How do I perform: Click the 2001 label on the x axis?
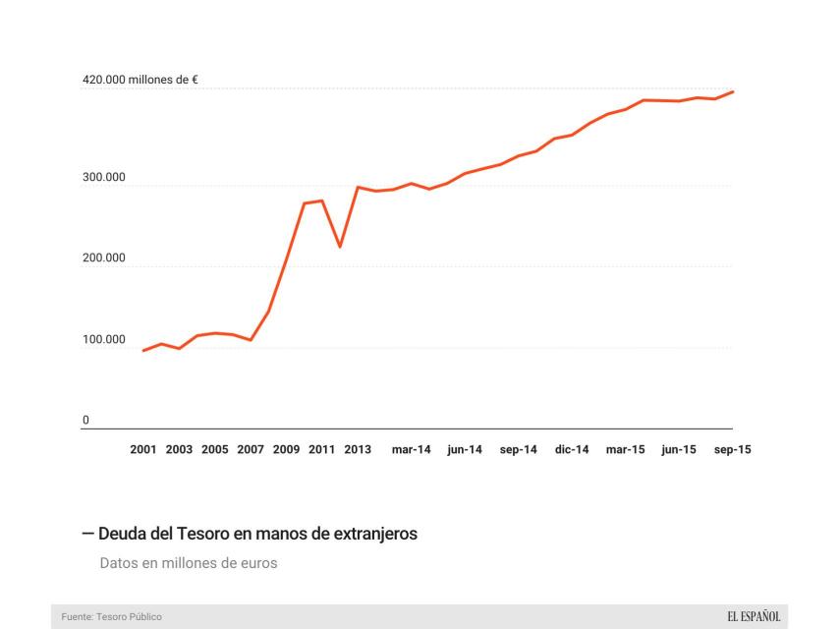143,449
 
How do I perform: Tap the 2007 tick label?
251,449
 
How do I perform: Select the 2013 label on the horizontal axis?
358,449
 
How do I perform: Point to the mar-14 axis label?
412,449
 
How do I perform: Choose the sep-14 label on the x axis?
519,449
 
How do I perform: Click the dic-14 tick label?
572,449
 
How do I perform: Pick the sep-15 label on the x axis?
732,449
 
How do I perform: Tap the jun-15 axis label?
679,449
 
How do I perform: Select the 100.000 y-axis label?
104,340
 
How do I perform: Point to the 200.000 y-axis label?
104,258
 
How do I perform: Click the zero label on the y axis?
85,421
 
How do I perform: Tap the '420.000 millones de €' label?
140,80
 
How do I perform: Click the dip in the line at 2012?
340,247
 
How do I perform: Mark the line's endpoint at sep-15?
733,92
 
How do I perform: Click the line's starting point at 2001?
143,350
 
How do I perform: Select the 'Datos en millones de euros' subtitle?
189,564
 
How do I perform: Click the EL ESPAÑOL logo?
754,616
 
